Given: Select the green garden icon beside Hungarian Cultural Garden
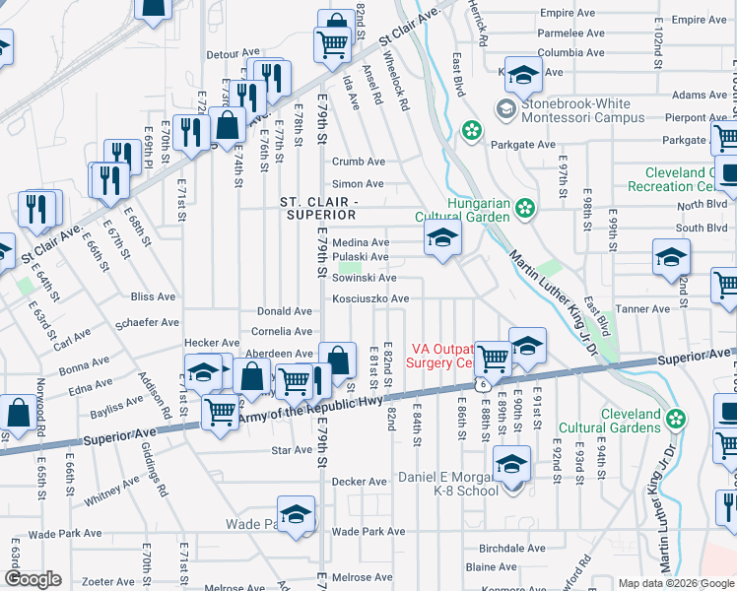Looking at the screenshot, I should (x=526, y=208).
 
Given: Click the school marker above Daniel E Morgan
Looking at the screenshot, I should (x=511, y=465).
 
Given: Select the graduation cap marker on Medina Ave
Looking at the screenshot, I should (x=442, y=237).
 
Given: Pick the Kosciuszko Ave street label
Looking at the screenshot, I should (x=369, y=298).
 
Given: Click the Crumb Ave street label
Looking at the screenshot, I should (x=358, y=162).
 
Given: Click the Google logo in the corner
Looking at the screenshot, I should (x=33, y=579).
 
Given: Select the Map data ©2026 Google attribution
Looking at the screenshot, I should (x=676, y=583).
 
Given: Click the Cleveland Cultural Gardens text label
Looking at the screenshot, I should (x=609, y=422).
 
